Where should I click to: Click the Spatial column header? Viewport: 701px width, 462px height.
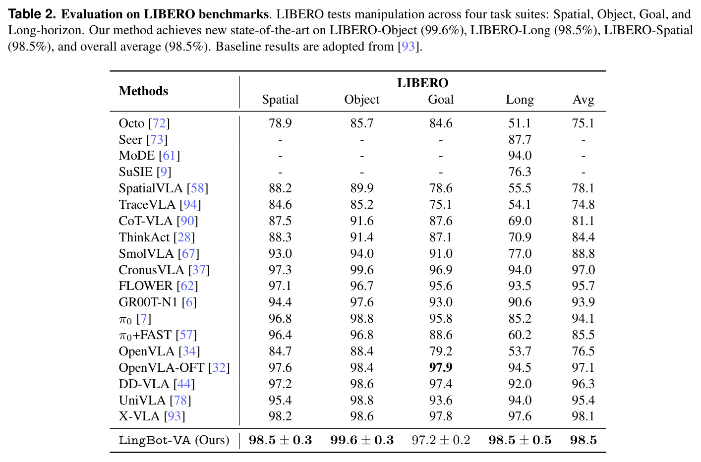(280, 100)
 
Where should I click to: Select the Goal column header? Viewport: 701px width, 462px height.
(441, 100)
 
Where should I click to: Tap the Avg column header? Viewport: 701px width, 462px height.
(583, 100)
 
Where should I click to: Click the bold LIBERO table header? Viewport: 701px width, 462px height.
(422, 83)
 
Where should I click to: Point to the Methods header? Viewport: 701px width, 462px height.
(143, 91)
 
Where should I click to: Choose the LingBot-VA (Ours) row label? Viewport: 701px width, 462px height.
(174, 440)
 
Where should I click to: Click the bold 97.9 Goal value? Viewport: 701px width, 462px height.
(441, 367)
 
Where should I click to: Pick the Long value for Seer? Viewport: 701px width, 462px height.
(520, 140)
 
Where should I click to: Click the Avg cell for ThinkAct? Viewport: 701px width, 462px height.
(583, 237)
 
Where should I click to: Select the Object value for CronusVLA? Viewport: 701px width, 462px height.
(362, 270)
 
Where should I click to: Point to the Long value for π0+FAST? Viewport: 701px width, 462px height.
(520, 335)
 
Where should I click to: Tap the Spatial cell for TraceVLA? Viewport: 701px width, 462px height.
(280, 205)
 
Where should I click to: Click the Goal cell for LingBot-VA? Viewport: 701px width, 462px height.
(441, 440)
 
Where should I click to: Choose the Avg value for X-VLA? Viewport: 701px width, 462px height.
(583, 416)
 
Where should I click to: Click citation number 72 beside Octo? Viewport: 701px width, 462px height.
(159, 123)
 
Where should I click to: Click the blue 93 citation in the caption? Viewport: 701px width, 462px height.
(408, 47)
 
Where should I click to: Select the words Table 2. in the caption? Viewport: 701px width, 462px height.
(32, 14)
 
